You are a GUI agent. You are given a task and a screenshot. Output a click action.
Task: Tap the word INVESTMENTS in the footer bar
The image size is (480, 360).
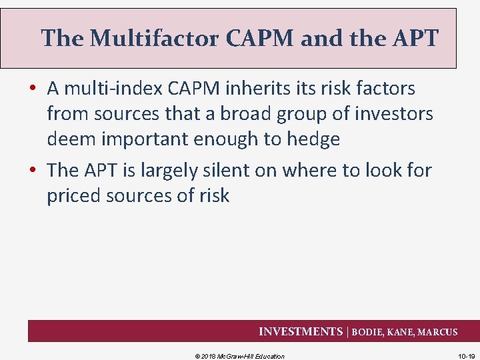pos(300,331)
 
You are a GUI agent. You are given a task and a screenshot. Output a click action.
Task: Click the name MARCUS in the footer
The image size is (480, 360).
pos(437,332)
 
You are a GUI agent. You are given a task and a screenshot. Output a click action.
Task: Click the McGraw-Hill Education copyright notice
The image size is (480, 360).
pos(239,356)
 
